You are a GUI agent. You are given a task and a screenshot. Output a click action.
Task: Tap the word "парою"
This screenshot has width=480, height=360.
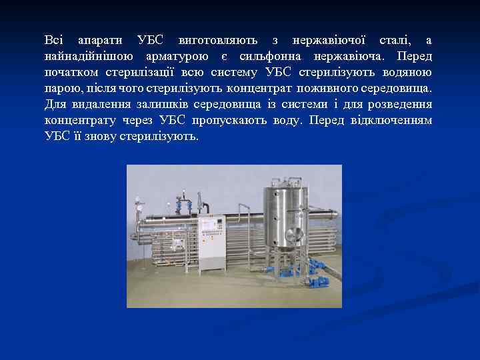[62, 89]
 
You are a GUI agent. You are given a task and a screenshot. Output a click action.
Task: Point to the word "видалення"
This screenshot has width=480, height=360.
[98, 105]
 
